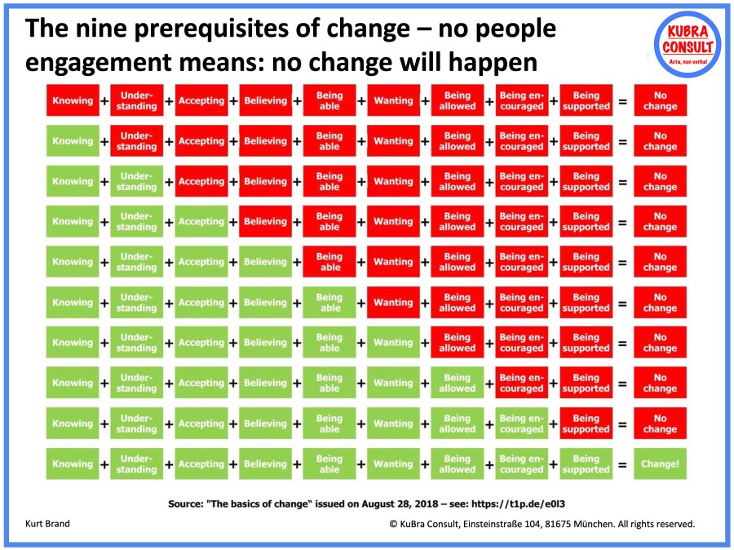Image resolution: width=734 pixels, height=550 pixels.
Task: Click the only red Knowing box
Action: (x=73, y=100)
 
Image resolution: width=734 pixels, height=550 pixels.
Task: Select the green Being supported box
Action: (x=586, y=464)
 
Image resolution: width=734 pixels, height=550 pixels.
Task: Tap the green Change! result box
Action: (x=660, y=464)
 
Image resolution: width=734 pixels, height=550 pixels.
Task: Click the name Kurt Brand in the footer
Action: (x=47, y=524)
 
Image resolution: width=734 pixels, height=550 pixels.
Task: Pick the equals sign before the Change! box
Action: (x=622, y=464)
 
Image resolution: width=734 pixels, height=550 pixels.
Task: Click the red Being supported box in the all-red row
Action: (x=586, y=100)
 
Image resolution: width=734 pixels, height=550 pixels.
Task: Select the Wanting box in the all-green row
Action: (x=393, y=464)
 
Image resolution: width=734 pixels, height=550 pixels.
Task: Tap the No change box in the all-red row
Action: (x=660, y=100)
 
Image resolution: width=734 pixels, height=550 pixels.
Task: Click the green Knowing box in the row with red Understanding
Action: (x=73, y=141)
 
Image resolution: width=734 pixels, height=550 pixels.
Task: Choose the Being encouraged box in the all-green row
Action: (x=521, y=464)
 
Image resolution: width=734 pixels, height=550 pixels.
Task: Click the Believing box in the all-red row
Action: (x=265, y=100)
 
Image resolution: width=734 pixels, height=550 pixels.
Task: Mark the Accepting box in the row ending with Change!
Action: (x=201, y=464)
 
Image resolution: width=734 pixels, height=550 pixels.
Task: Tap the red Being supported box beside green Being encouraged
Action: (x=586, y=424)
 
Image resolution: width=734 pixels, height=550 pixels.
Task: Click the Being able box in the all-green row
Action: (x=329, y=464)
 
